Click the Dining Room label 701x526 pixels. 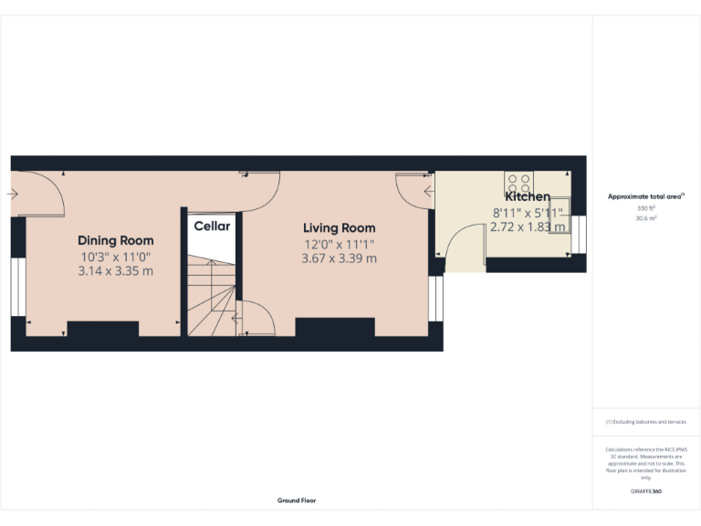click(115, 240)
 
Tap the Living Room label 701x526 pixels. click(339, 227)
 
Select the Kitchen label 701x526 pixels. click(528, 196)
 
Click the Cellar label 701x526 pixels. click(212, 226)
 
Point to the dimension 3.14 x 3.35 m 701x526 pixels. click(115, 271)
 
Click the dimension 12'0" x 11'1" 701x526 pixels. click(339, 244)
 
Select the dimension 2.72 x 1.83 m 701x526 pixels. click(528, 226)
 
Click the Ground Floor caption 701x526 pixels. click(297, 500)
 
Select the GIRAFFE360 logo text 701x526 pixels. click(646, 491)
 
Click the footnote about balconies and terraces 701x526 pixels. click(646, 422)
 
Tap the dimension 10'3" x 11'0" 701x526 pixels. click(115, 257)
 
